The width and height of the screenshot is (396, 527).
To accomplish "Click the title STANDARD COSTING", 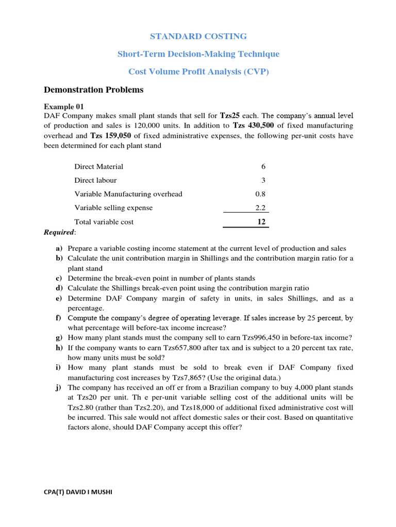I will [198, 37].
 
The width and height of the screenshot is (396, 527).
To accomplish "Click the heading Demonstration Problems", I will [93, 90].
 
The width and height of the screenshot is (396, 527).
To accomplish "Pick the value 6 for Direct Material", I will [263, 167].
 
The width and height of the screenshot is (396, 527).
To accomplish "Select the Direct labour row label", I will [95, 181].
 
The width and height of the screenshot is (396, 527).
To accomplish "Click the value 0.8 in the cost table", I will [260, 195].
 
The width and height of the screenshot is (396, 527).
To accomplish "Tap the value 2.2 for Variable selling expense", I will [260, 208].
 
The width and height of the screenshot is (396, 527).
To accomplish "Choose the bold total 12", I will [261, 222].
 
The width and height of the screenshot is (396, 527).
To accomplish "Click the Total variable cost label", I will [104, 222].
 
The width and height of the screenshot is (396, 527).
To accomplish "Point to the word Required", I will [59, 233].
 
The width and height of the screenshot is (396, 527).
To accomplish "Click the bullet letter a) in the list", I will [59, 249].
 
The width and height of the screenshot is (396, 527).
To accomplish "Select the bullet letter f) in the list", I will [59, 318].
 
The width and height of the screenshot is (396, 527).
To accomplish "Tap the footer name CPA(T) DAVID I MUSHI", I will [78, 493].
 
